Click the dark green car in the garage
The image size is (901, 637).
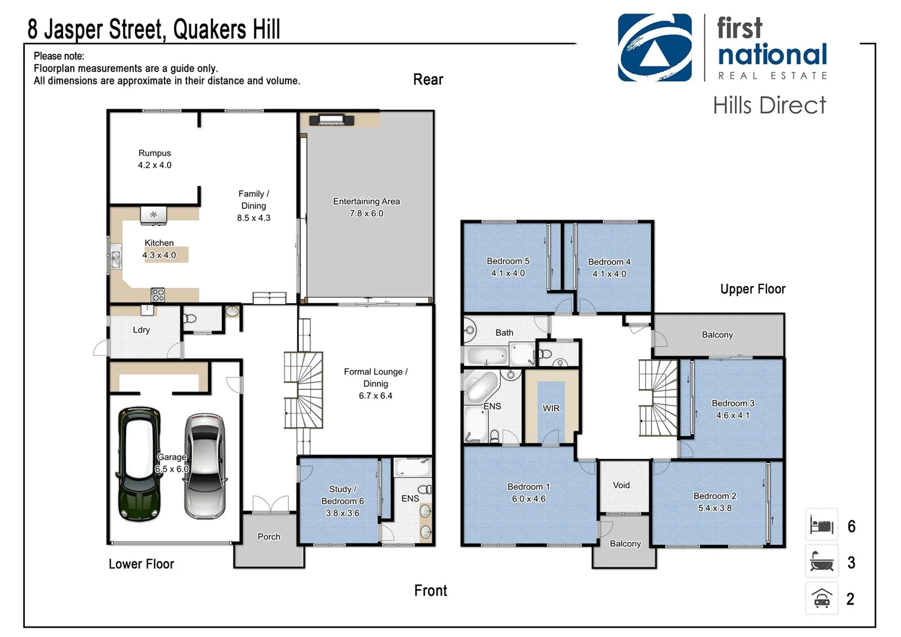[x=139, y=464]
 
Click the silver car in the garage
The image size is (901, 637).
[x=205, y=466]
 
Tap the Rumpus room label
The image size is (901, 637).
[x=154, y=153]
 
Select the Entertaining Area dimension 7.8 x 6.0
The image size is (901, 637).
[x=366, y=214]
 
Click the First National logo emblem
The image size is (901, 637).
[x=655, y=48]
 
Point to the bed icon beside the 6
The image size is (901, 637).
[x=821, y=525]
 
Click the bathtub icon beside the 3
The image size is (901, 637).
[x=821, y=562]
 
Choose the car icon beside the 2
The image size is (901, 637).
[x=821, y=598]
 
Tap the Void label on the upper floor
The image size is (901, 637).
[x=621, y=485]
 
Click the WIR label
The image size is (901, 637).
[x=551, y=408]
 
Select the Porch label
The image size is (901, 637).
[x=269, y=537]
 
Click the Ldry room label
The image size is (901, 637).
[x=141, y=330]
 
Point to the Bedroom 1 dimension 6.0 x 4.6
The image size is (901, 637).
[x=528, y=499]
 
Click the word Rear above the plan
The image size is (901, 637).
[x=428, y=80]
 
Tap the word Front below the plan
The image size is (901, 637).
[x=430, y=590]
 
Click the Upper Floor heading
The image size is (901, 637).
[x=752, y=289]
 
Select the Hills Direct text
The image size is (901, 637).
[x=769, y=106]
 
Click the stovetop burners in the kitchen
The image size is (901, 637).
[x=157, y=294]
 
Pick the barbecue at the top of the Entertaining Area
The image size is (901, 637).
[x=331, y=120]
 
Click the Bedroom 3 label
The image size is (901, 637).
[x=733, y=403]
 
